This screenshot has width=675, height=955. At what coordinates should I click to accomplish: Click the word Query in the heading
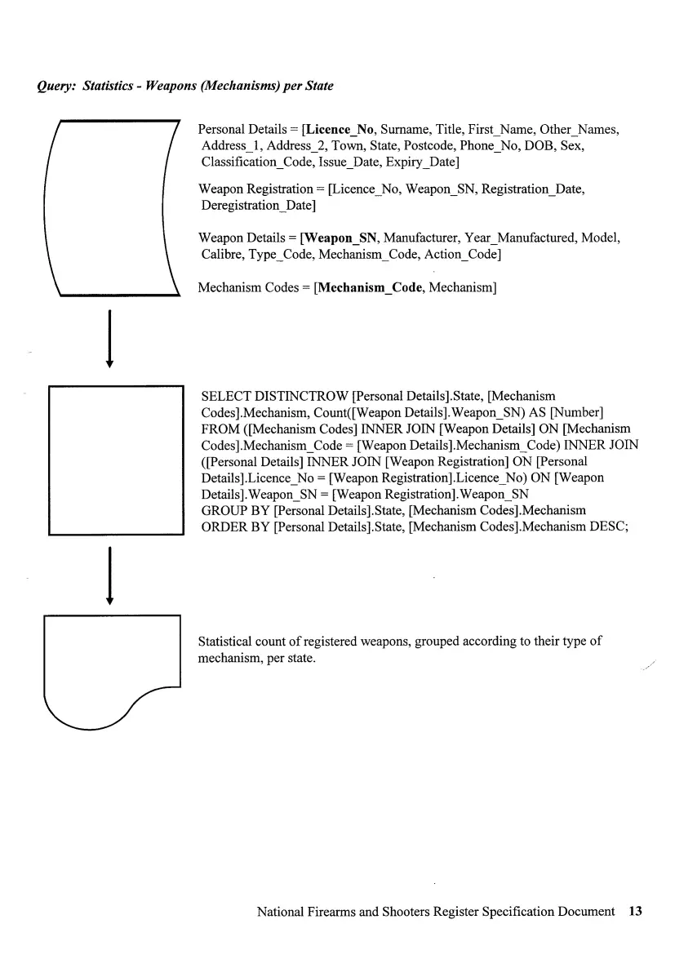coord(54,86)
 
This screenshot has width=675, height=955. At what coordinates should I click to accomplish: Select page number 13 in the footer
coord(636,911)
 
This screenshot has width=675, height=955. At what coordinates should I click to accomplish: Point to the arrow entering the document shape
coord(109,576)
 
